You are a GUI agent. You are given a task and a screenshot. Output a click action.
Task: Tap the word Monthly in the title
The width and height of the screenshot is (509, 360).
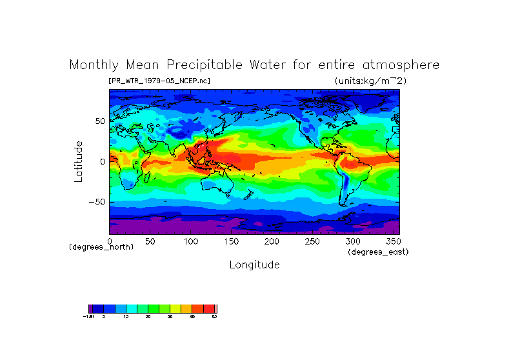[x=94, y=65]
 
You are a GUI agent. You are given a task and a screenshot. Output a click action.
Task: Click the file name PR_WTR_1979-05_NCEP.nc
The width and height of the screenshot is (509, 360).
[x=159, y=81]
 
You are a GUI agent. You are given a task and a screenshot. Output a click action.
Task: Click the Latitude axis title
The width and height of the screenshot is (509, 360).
[x=79, y=161]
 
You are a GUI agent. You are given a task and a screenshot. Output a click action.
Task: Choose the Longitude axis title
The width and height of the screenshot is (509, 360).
[x=254, y=265]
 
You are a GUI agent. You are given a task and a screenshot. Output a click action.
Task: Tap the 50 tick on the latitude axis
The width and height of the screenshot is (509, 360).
[x=101, y=121]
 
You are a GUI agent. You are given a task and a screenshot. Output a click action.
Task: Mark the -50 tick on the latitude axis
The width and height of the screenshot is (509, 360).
[x=98, y=202]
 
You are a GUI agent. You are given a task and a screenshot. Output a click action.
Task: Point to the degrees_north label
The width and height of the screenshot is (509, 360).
[x=102, y=247]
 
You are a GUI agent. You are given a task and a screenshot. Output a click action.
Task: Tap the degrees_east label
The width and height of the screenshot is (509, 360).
[x=378, y=252]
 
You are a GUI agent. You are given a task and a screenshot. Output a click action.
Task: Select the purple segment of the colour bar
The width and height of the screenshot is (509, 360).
[x=91, y=308]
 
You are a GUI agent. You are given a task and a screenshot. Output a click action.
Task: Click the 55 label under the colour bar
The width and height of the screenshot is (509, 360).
[x=214, y=317]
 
